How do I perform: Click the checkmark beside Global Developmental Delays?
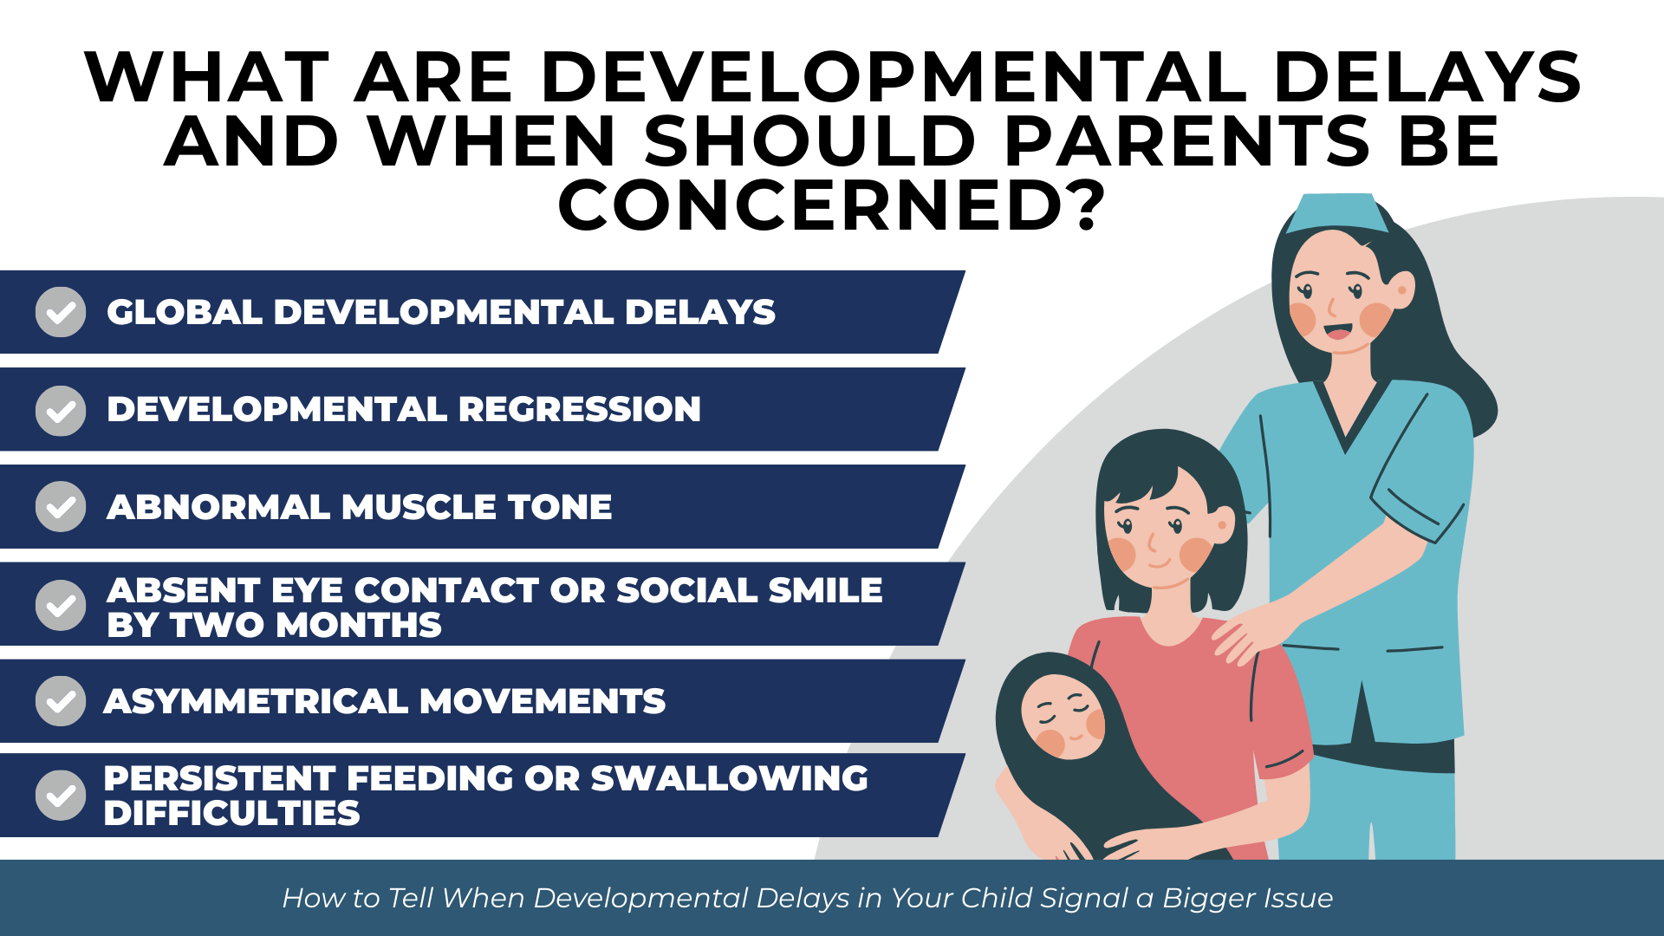click(61, 312)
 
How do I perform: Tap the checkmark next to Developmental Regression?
click(61, 410)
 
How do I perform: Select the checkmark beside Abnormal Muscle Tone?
click(61, 507)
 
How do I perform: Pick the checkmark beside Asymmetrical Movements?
click(61, 701)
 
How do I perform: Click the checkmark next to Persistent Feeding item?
click(61, 796)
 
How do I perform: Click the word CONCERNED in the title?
click(810, 205)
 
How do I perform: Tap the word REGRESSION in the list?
click(579, 410)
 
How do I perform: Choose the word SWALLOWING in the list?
click(729, 778)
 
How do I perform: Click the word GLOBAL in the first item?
click(184, 312)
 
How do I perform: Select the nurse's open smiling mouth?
click(1337, 331)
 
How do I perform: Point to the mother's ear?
click(1223, 525)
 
